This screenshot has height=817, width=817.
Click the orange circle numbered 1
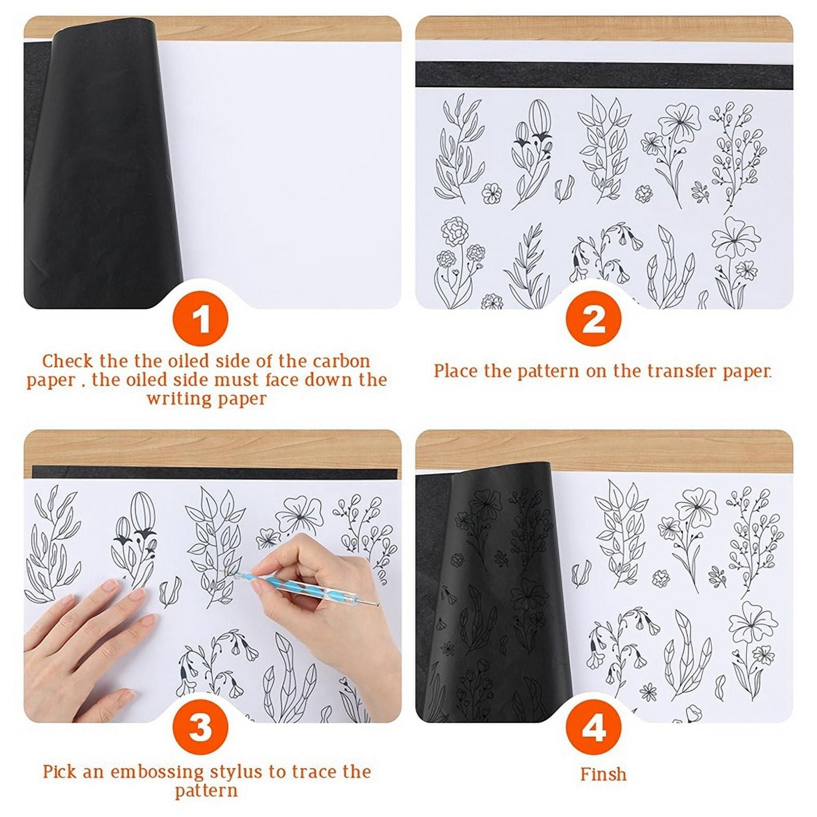point(200,320)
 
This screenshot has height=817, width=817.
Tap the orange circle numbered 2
point(593,320)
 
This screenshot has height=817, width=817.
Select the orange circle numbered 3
point(200,727)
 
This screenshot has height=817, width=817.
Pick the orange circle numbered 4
point(593,727)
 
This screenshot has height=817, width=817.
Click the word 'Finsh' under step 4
point(603,774)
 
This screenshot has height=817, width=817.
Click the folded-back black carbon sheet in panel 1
point(97,169)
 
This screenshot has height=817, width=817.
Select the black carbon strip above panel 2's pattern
point(603,75)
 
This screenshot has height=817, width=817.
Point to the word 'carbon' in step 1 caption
point(342,361)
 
